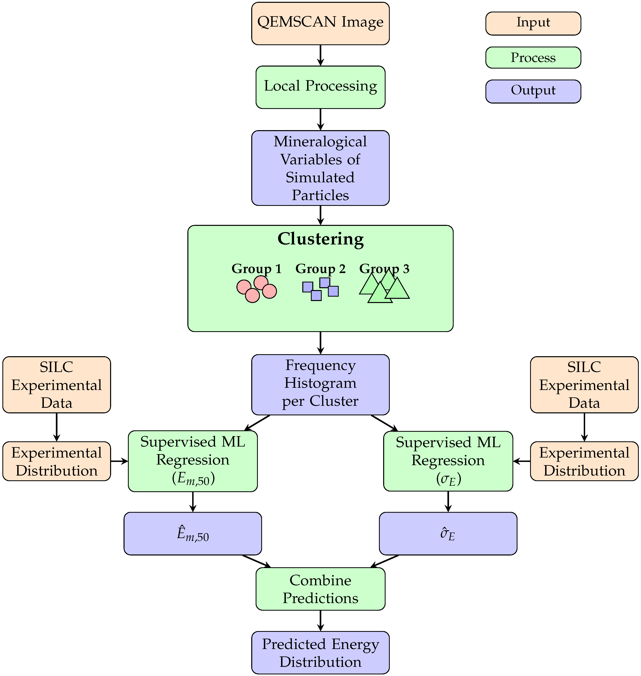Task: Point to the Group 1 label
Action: click(257, 269)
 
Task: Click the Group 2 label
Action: click(320, 269)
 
